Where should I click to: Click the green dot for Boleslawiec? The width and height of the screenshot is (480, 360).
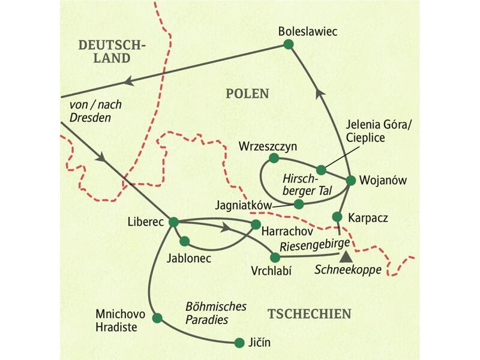click(289, 44)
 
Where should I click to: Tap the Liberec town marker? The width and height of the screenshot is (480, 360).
click(173, 221)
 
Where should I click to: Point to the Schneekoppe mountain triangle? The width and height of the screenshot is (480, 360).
click(345, 257)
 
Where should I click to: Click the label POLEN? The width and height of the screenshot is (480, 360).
click(247, 94)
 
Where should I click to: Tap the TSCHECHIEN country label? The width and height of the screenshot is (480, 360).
click(309, 314)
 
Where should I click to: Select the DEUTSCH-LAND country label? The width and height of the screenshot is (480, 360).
click(113, 52)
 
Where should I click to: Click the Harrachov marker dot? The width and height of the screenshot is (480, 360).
click(256, 226)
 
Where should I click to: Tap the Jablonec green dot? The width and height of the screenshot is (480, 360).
click(185, 242)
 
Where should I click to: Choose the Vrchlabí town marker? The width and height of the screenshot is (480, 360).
click(275, 257)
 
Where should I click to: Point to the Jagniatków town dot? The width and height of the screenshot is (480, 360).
click(299, 204)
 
